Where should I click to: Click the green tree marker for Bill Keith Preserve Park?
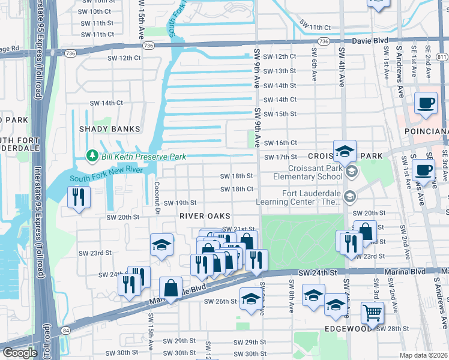(92, 157)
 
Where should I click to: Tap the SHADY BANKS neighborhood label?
(110, 129)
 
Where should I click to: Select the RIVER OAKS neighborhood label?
(205, 215)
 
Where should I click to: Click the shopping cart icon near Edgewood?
(372, 313)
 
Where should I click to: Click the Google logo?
(20, 353)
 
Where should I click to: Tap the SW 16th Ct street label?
(280, 143)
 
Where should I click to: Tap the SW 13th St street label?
(280, 71)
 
